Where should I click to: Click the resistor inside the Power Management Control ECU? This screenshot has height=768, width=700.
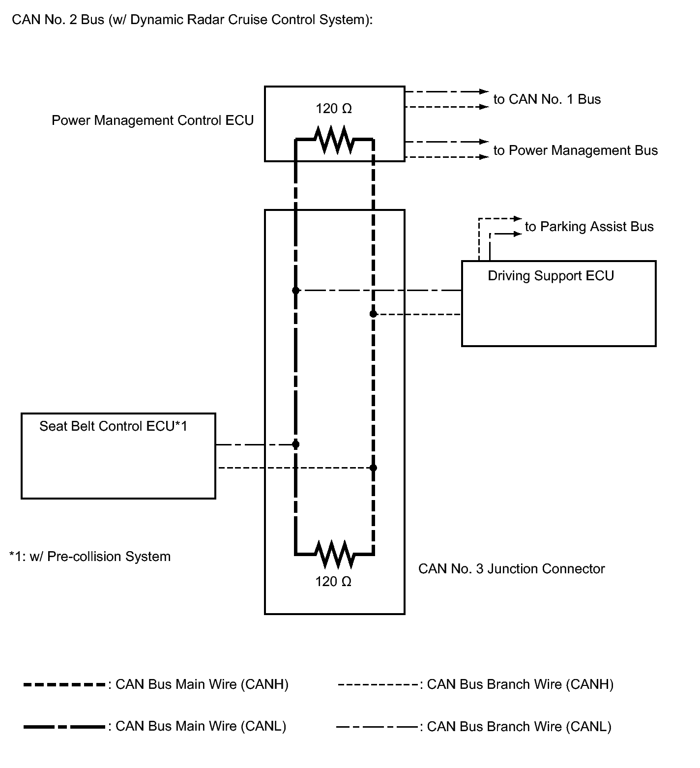click(334, 140)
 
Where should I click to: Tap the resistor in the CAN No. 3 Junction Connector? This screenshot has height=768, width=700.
click(334, 554)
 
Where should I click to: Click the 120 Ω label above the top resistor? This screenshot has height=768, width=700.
click(334, 109)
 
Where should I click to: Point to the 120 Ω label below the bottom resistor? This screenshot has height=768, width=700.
click(333, 582)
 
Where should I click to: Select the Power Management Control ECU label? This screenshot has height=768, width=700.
click(152, 120)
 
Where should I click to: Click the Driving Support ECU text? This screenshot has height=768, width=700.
click(551, 276)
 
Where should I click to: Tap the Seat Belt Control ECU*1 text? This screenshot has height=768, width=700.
click(113, 426)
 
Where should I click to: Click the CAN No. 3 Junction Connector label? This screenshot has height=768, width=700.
click(511, 569)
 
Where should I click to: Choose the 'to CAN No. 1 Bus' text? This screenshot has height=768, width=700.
click(547, 99)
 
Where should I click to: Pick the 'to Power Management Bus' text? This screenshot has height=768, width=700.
click(576, 150)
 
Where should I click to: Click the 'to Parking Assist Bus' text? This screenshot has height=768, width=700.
click(589, 227)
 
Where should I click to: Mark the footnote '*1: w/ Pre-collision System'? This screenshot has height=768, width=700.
click(90, 557)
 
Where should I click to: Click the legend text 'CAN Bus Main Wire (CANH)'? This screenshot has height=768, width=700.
click(202, 684)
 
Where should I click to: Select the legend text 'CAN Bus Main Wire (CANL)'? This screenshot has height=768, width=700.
click(201, 726)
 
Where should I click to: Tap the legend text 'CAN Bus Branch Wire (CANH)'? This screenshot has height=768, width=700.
click(520, 684)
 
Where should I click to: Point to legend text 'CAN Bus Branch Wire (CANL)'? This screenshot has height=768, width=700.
click(519, 727)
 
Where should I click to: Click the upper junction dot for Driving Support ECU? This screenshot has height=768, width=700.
click(295, 291)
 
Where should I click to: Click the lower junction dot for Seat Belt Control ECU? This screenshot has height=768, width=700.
click(373, 468)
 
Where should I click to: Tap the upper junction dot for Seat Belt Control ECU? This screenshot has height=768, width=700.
click(295, 444)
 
